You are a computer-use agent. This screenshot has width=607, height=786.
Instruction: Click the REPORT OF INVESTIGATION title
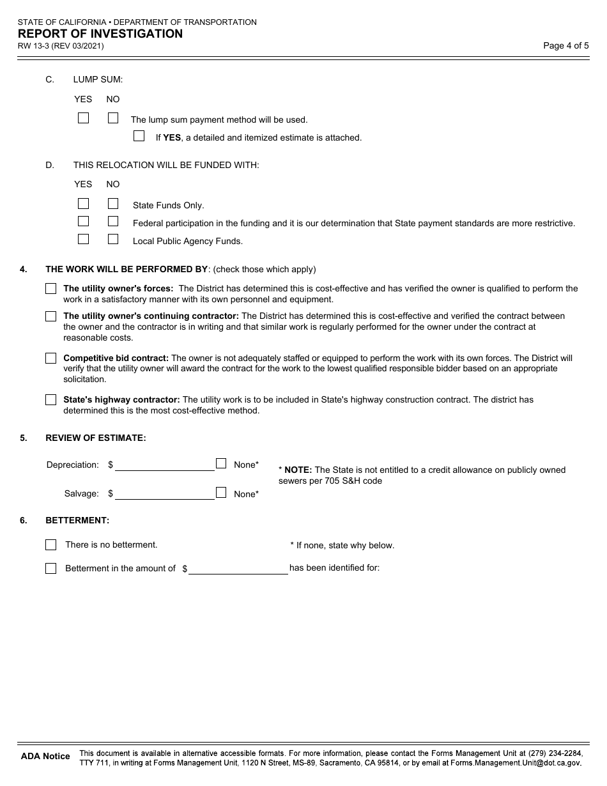tap(100, 34)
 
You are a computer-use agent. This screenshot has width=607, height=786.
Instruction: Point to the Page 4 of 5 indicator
tap(565, 45)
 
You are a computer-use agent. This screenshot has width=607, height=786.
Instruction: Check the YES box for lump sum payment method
tap(83, 118)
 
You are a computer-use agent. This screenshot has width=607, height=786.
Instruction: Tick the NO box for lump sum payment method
tap(113, 118)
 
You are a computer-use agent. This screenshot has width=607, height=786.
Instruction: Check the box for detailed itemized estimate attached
tap(139, 136)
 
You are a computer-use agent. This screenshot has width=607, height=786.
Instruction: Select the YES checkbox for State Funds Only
tap(83, 204)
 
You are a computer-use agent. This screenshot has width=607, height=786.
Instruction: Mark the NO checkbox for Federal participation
tap(113, 222)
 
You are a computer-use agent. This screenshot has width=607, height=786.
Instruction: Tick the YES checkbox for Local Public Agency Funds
tap(83, 240)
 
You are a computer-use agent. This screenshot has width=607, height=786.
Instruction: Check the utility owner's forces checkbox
tap(51, 289)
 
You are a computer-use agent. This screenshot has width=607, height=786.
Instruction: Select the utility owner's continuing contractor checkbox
tap(51, 316)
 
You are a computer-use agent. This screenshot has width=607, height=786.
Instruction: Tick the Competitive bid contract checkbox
tap(51, 358)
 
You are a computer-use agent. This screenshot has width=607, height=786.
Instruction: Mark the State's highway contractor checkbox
tap(51, 400)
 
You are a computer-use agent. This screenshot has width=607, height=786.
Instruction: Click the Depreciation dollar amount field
tap(164, 465)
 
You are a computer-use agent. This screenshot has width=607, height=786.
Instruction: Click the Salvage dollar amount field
tap(164, 493)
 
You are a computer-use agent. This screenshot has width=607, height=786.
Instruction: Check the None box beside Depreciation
tap(221, 464)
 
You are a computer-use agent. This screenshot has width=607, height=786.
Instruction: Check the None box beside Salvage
tap(221, 493)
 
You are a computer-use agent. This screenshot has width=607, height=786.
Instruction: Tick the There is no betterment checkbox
tap(51, 545)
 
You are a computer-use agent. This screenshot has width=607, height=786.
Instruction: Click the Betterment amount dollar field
tap(238, 568)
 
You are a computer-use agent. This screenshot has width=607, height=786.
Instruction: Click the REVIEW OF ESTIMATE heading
tap(96, 438)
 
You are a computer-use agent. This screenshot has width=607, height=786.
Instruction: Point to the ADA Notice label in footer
tap(45, 756)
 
